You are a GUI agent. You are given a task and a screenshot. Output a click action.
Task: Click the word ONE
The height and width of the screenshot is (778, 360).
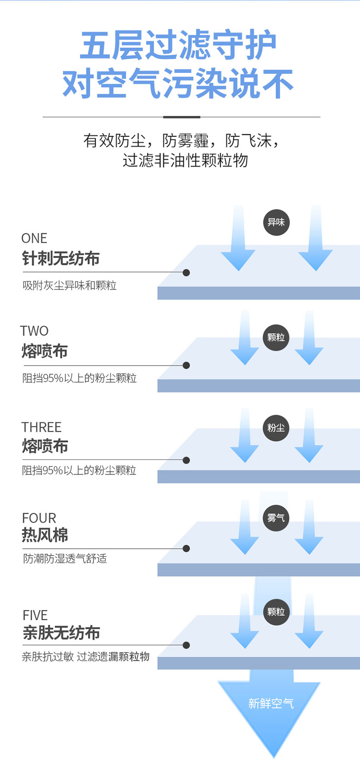point(34,238)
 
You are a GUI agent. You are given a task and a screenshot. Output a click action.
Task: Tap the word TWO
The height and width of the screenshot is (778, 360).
point(34,330)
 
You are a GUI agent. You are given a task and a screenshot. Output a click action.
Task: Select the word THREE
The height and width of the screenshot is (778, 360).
point(41,427)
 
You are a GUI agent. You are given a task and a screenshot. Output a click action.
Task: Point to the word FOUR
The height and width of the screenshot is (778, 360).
point(39,518)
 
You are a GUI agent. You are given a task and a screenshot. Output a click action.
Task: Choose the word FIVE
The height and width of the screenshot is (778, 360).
point(35,615)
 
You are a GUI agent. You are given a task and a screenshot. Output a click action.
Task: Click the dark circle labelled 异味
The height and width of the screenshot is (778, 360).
point(276,222)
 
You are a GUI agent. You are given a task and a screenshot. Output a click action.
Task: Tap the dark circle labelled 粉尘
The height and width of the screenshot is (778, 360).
point(276,428)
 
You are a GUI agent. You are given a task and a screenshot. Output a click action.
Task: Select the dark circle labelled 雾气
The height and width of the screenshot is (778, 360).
point(276,518)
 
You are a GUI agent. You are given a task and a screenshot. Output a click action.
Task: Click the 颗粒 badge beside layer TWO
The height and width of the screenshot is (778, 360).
point(276,338)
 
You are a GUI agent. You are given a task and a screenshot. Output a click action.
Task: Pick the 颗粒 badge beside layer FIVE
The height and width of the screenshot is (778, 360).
point(276,612)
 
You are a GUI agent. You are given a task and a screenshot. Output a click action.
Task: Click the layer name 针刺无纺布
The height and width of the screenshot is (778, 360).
point(61,258)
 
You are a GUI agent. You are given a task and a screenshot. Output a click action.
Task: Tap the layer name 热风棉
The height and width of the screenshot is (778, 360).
point(45,535)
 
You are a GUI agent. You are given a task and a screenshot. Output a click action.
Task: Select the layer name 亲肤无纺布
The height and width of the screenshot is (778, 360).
point(61,633)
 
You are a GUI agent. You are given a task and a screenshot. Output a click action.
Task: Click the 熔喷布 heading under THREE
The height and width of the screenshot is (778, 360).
point(45,446)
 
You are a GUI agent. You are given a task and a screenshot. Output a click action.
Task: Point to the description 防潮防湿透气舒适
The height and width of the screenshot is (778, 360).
point(65,558)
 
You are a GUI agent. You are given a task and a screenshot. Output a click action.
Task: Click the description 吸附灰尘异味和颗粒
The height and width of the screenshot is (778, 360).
point(70,285)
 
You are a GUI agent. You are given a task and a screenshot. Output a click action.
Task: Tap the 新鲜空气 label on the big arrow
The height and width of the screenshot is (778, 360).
point(271,703)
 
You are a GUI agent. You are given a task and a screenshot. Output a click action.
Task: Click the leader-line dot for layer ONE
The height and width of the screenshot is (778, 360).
point(186,273)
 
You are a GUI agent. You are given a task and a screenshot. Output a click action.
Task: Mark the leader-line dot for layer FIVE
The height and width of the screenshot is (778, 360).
point(186,645)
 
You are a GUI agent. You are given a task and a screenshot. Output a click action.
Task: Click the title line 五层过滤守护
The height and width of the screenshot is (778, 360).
point(178,46)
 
